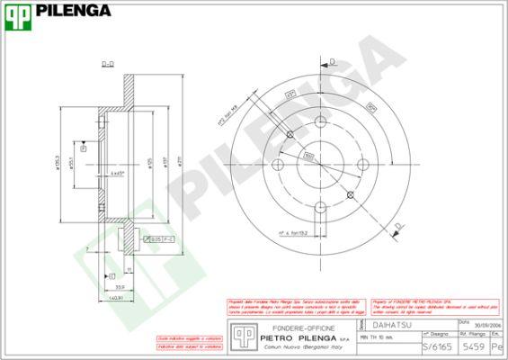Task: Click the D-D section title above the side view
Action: pyautogui.click(x=107, y=64)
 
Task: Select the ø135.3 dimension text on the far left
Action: pyautogui.click(x=60, y=149)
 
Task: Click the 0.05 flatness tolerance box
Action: pyautogui.click(x=155, y=238)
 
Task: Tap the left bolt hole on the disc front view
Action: pyautogui.click(x=290, y=135)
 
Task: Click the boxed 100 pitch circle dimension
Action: pyautogui.click(x=307, y=156)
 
